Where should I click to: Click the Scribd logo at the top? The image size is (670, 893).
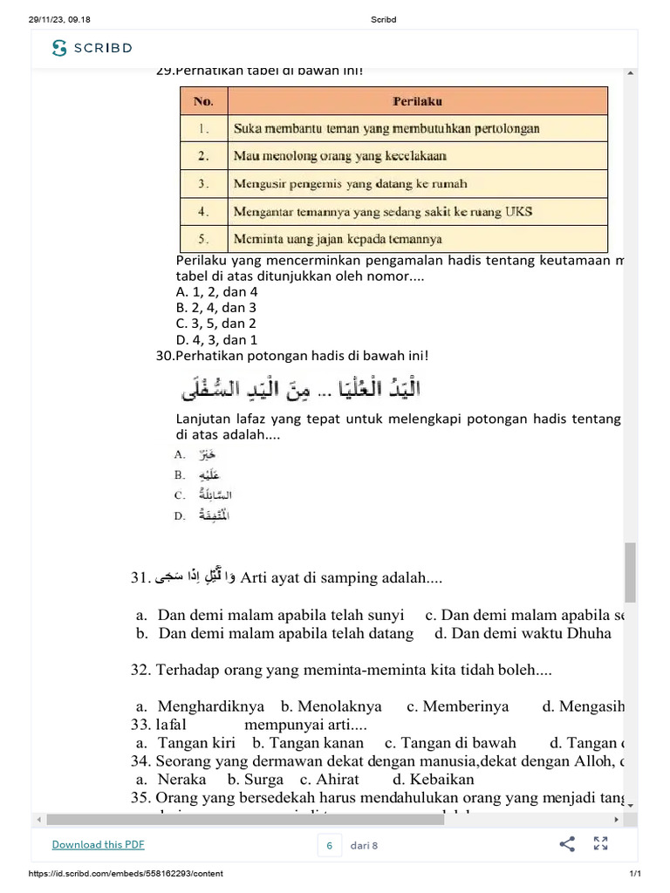pyautogui.click(x=92, y=48)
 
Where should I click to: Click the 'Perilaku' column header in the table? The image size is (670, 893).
pyautogui.click(x=417, y=101)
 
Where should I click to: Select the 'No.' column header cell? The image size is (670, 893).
pyautogui.click(x=203, y=101)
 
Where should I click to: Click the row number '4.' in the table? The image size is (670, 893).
pyautogui.click(x=203, y=211)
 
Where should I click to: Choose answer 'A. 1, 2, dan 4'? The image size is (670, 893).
pyautogui.click(x=216, y=292)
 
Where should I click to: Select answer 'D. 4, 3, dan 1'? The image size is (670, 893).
pyautogui.click(x=216, y=340)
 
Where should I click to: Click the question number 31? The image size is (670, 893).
pyautogui.click(x=141, y=577)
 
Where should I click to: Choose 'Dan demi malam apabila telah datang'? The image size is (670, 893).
pyautogui.click(x=285, y=633)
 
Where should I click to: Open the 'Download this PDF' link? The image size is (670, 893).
pyautogui.click(x=98, y=844)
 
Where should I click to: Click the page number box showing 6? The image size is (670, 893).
pyautogui.click(x=330, y=844)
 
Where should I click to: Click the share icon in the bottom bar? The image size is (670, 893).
pyautogui.click(x=567, y=843)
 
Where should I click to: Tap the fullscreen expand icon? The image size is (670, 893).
pyautogui.click(x=600, y=843)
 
